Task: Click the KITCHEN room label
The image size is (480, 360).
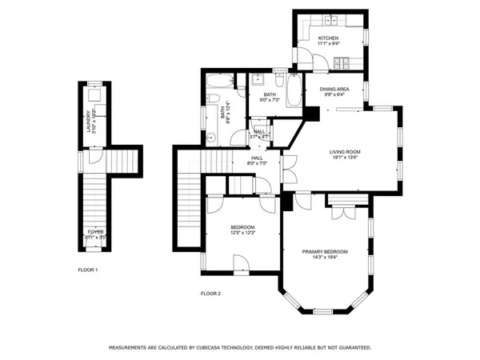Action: (329, 38)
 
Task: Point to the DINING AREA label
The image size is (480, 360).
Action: (334, 89)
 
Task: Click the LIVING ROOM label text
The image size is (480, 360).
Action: (346, 151)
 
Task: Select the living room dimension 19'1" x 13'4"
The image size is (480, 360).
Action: (346, 158)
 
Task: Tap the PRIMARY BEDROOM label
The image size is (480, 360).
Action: (325, 251)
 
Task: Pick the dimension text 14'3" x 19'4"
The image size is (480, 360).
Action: (325, 258)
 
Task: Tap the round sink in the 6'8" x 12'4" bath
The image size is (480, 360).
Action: (211, 137)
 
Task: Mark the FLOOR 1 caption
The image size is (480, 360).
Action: (87, 270)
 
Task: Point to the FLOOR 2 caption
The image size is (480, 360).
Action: (210, 294)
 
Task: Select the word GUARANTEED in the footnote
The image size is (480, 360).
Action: (352, 348)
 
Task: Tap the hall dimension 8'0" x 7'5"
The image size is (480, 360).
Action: (258, 163)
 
